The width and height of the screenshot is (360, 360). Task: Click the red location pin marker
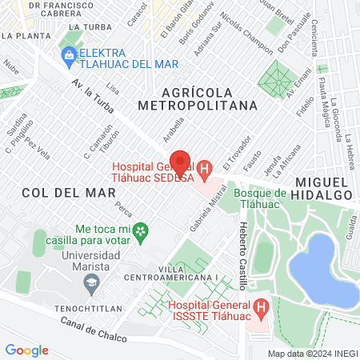coord(181,162)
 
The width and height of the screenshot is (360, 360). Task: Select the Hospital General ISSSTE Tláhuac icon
coord(260,307)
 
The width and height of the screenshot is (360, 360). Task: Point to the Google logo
coord(26,350)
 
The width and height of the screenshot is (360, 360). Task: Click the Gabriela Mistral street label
coord(210,220)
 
